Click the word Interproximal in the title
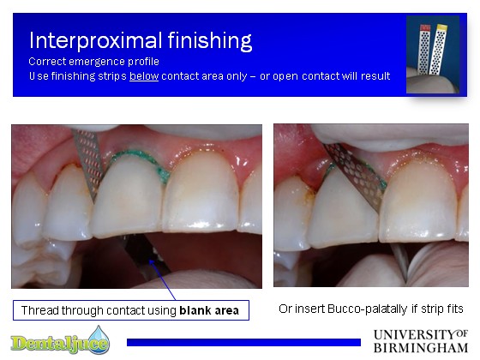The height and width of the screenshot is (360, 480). [95, 40]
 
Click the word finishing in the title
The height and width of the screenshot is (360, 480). [210, 40]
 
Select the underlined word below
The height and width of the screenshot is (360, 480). [144, 76]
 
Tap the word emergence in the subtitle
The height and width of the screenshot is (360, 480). [97, 62]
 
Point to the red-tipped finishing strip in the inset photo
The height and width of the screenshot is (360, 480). [424, 49]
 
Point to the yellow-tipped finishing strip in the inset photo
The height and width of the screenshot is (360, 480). [439, 49]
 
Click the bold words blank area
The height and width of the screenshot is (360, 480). [209, 310]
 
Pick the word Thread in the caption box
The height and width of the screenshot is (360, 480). [39, 310]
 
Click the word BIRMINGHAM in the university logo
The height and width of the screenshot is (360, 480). [421, 348]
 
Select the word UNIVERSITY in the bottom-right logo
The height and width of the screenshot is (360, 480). [415, 334]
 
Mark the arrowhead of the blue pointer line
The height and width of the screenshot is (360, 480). [151, 261]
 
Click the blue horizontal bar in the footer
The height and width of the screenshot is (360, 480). [243, 342]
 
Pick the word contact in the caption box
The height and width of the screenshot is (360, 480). [125, 310]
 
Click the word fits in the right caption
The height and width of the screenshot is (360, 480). [455, 309]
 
